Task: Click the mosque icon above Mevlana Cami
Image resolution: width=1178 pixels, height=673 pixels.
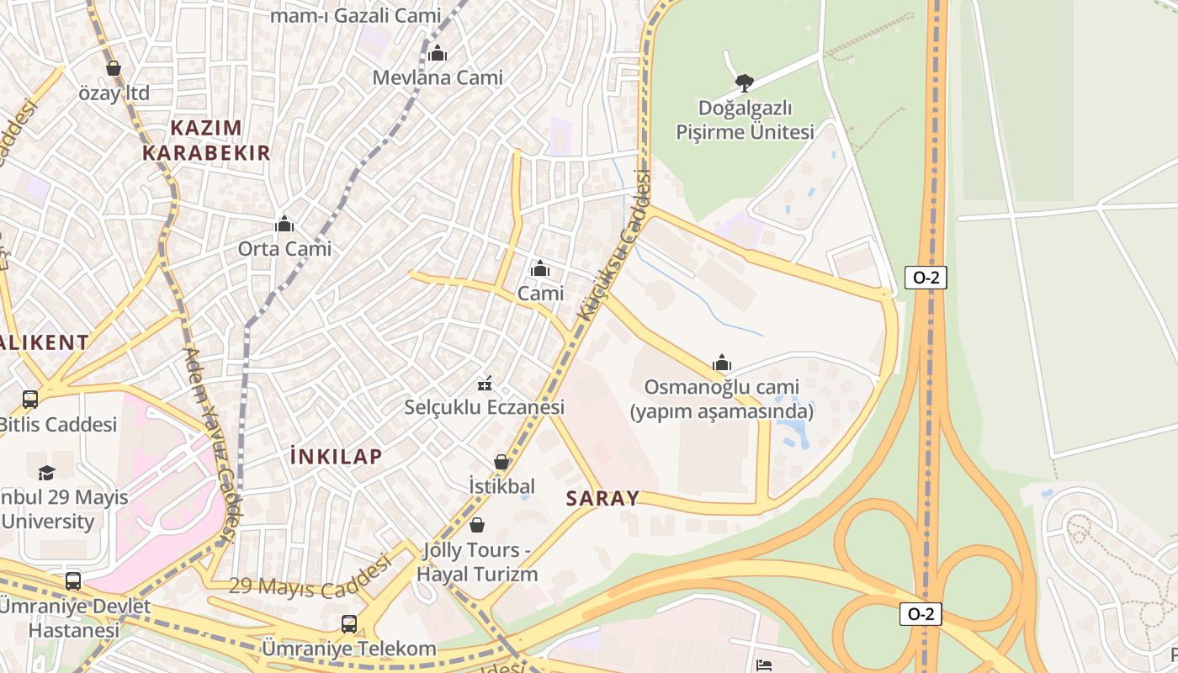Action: [x=438, y=54]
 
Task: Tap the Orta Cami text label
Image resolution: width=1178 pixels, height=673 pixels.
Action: [x=284, y=249]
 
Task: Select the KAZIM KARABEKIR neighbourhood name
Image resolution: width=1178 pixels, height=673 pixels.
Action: [x=206, y=140]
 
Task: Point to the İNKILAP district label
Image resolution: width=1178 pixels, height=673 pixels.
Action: [x=336, y=457]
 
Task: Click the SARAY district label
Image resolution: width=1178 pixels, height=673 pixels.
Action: [x=602, y=498]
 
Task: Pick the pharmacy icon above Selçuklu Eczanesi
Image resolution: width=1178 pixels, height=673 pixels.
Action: [x=485, y=384]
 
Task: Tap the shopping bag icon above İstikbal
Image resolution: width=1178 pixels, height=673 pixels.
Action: [x=501, y=462]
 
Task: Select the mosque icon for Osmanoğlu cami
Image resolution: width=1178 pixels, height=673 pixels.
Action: [x=722, y=363]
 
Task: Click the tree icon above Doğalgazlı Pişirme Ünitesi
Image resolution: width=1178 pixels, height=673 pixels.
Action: [x=744, y=82]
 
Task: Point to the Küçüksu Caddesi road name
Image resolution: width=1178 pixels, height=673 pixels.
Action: [x=615, y=245]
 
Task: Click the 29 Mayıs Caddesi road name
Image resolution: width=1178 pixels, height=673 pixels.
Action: [x=310, y=580]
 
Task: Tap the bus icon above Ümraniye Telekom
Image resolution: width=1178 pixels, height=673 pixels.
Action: [x=349, y=624]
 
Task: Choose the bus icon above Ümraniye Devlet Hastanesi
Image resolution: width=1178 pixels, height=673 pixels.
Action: [x=73, y=580]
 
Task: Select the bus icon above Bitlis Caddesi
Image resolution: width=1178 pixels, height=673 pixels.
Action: [x=30, y=400]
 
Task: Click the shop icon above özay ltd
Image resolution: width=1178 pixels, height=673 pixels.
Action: [x=114, y=68]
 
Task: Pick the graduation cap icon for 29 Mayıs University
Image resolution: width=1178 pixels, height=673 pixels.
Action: [x=46, y=473]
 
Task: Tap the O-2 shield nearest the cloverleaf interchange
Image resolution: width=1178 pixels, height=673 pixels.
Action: [x=920, y=614]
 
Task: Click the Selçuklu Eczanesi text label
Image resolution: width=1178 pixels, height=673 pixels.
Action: [x=484, y=407]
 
